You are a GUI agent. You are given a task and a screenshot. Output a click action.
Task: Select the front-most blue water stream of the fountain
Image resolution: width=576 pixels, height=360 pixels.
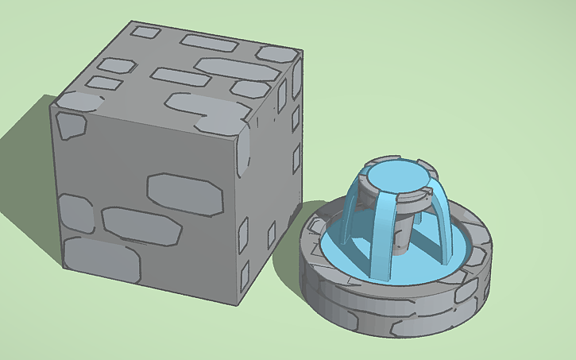point(383,238)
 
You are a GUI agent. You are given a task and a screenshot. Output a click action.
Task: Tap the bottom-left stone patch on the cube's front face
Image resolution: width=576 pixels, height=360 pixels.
point(101,261)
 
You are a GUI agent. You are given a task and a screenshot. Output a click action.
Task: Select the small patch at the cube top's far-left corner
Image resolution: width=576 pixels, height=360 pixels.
point(145,33)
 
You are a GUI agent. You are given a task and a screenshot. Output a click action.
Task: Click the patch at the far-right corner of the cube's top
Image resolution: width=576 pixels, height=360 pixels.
point(276,53)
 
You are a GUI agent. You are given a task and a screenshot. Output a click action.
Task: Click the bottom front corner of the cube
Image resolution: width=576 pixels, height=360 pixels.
point(236,304)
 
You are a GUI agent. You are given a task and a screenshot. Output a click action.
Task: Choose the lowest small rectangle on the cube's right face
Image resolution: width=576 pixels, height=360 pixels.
point(245,275)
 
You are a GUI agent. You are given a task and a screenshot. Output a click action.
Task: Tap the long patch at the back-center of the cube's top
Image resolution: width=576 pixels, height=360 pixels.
point(209,41)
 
